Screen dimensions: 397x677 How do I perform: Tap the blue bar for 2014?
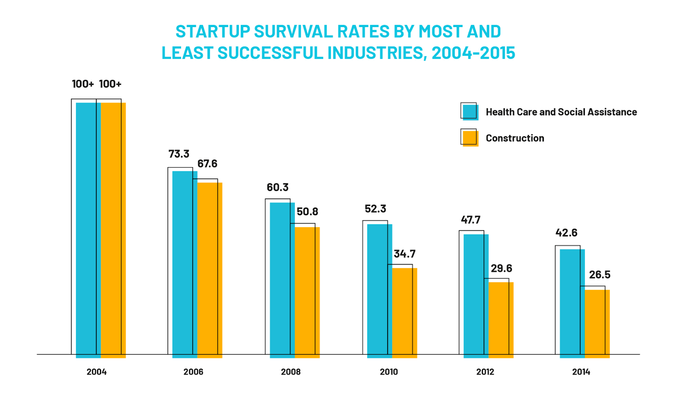[x=572, y=303]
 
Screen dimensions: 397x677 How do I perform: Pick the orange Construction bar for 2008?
[x=307, y=292]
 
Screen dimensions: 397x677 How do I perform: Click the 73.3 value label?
[x=179, y=154]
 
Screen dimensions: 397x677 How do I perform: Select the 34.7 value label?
[x=405, y=254]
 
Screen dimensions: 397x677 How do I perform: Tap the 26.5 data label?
[x=600, y=275]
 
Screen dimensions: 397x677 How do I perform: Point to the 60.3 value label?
[x=278, y=187]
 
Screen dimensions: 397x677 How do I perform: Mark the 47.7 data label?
[x=471, y=220]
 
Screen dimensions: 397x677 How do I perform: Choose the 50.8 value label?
[x=307, y=212]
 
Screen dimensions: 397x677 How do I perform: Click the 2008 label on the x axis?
[x=291, y=372]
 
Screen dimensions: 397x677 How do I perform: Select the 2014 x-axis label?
[x=581, y=372]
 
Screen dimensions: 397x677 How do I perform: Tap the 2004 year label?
[x=96, y=372]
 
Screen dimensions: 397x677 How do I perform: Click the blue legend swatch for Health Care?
[x=470, y=112]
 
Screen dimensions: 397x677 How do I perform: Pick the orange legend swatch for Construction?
[x=470, y=138]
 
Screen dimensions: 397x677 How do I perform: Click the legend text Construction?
[x=515, y=138]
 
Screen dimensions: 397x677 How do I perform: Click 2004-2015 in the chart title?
[x=473, y=53]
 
